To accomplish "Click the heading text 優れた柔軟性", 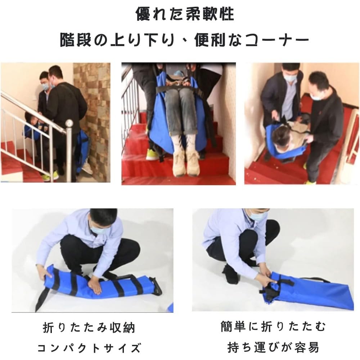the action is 185,14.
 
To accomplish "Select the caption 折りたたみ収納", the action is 89,328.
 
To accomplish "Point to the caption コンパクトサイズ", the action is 89,348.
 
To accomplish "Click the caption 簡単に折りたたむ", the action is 273,326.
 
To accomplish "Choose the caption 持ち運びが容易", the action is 273,347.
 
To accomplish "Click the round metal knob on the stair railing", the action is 69,123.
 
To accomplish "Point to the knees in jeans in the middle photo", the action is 181,94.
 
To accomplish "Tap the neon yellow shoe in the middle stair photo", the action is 152,154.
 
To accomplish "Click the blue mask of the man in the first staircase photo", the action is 45,86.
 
